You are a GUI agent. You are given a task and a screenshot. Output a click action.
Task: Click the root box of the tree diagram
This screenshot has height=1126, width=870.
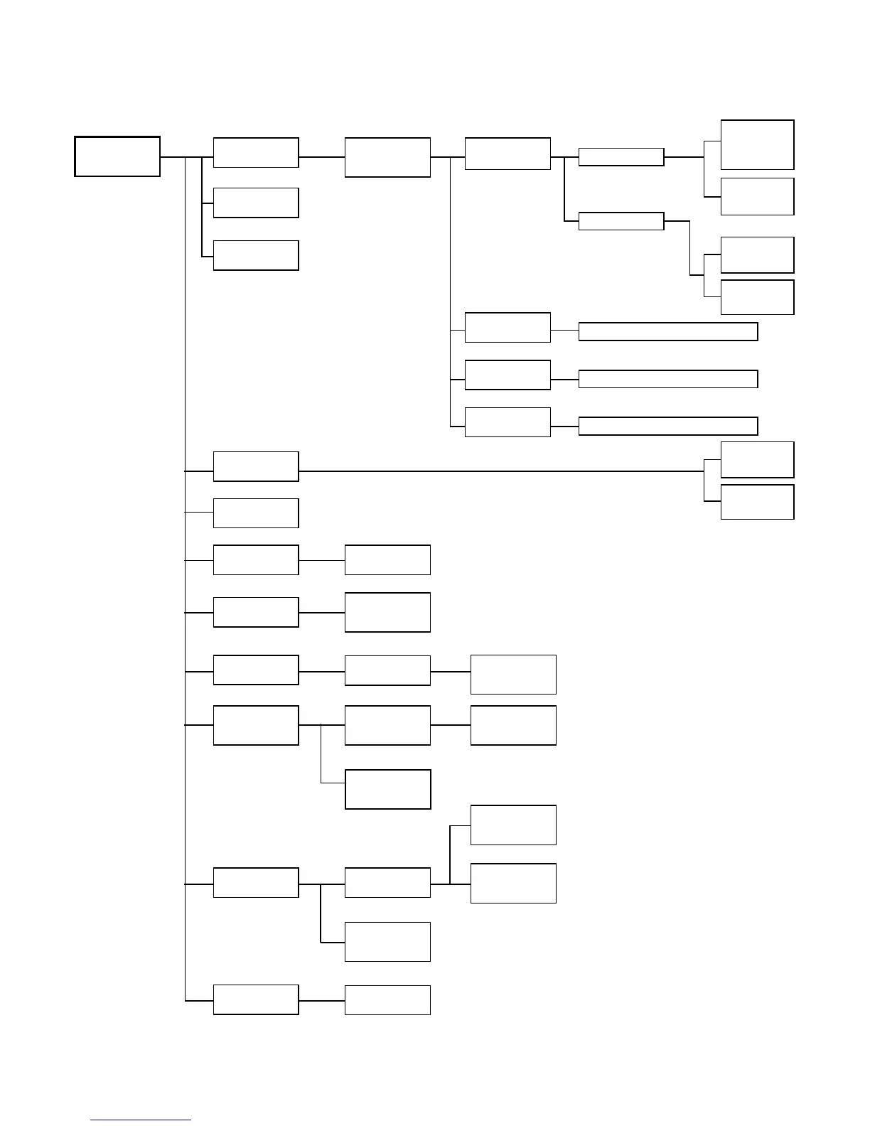117,156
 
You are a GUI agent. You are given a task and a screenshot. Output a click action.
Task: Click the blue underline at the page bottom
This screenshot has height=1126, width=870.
141,1120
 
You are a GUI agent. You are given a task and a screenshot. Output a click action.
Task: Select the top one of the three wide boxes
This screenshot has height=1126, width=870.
667,331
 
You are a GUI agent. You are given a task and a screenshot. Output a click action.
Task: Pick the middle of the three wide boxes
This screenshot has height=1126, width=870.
667,379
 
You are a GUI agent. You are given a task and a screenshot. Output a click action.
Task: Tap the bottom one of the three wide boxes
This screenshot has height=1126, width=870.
667,426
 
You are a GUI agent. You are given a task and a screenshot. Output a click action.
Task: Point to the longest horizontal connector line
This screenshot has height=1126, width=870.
498,471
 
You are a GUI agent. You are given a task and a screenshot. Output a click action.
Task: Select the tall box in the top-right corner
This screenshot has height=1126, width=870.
757,144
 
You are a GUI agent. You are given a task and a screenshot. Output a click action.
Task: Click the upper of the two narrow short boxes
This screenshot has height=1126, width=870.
621,157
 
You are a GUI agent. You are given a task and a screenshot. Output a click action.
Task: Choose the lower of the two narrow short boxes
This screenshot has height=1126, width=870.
621,221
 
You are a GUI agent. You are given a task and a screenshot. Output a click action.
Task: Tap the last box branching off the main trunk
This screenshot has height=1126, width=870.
256,999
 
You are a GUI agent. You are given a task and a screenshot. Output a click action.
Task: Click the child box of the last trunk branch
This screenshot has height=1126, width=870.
387,999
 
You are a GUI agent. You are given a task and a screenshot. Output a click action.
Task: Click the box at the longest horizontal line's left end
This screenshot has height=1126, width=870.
256,466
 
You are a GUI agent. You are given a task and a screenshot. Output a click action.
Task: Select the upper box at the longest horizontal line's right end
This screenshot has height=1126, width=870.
757,459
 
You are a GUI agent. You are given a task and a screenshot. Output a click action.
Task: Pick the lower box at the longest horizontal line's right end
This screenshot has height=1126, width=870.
757,502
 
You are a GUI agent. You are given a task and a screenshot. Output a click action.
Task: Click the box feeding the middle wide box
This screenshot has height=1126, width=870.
507,375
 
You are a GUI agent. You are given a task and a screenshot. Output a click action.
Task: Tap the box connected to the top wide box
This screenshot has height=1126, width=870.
507,327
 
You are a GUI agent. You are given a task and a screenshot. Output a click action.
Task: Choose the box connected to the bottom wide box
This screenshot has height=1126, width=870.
507,422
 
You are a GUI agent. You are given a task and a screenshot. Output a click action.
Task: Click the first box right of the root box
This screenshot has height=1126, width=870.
256,153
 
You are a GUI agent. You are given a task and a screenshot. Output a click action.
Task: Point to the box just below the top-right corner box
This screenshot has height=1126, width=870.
757,196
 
